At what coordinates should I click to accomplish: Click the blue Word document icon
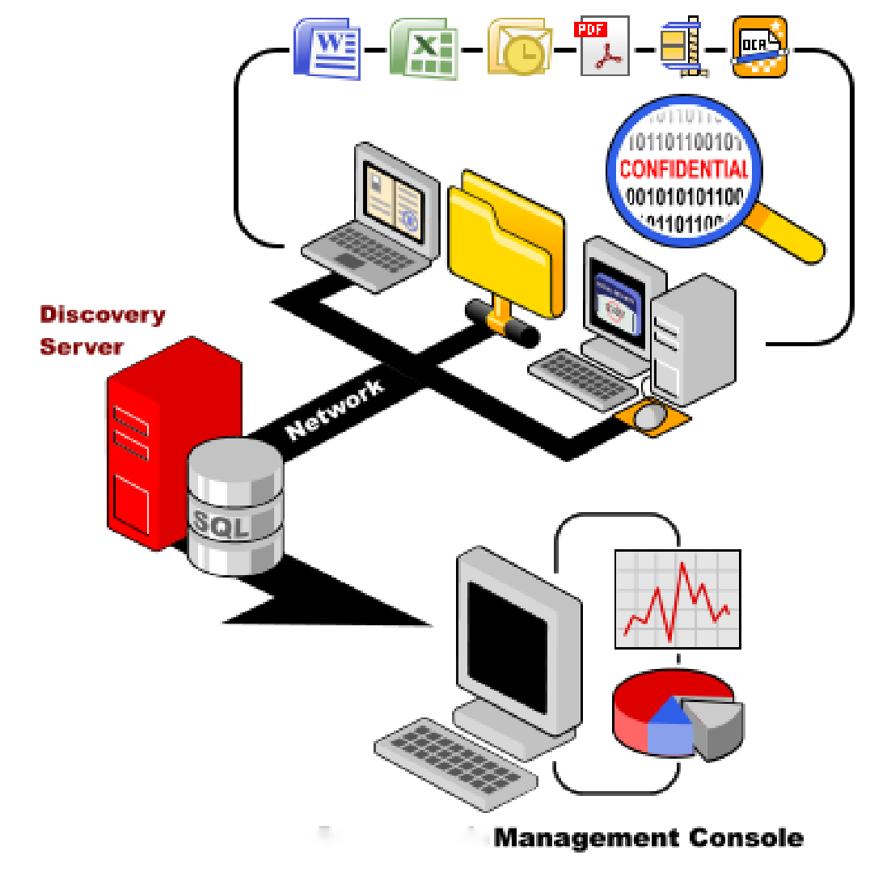[x=326, y=49]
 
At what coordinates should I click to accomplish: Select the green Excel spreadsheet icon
[x=424, y=49]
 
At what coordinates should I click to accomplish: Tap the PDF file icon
[x=605, y=48]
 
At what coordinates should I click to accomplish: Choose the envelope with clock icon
[x=519, y=49]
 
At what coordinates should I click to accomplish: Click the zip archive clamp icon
[x=681, y=49]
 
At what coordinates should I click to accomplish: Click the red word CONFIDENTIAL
[x=683, y=169]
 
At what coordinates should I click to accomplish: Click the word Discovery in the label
[x=103, y=315]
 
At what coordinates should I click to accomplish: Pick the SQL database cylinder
[x=235, y=509]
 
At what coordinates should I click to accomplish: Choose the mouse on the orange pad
[x=652, y=416]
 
